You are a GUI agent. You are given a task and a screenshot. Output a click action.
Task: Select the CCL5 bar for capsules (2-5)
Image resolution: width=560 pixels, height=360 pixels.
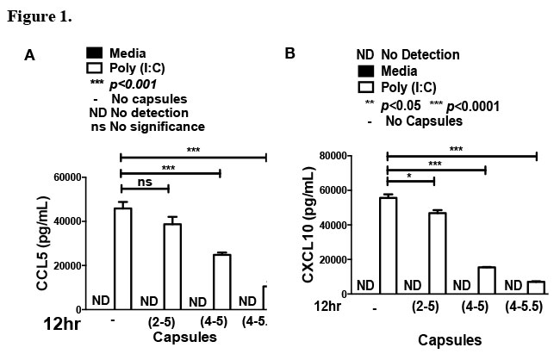tap(172, 266)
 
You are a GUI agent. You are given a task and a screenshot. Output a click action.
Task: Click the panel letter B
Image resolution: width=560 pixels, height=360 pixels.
tap(290, 53)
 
